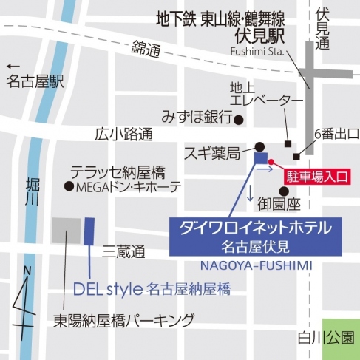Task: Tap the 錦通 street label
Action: [x=146, y=50]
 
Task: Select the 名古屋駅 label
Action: [x=35, y=82]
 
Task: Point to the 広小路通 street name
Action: [x=123, y=135]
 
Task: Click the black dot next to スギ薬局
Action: [x=259, y=146]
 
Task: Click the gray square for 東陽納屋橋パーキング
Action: [x=65, y=231]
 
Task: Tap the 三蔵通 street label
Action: [x=122, y=251]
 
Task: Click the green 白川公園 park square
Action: [x=341, y=339]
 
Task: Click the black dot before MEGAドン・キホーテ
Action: [x=69, y=187]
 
